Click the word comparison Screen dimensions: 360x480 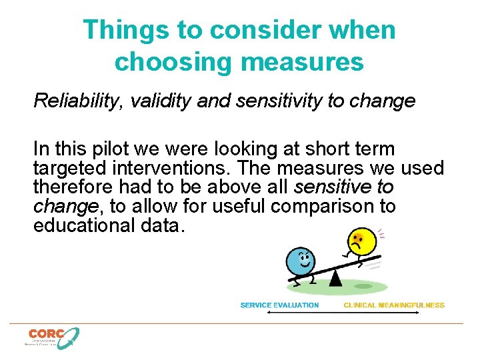pyautogui.click(x=325, y=206)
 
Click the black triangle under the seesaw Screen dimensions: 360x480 pyautogui.click(x=336, y=278)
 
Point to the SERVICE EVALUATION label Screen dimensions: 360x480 pyautogui.click(x=279, y=305)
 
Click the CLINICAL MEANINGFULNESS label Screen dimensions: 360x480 pyautogui.click(x=393, y=305)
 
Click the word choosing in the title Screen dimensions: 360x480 pyautogui.click(x=173, y=62)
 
